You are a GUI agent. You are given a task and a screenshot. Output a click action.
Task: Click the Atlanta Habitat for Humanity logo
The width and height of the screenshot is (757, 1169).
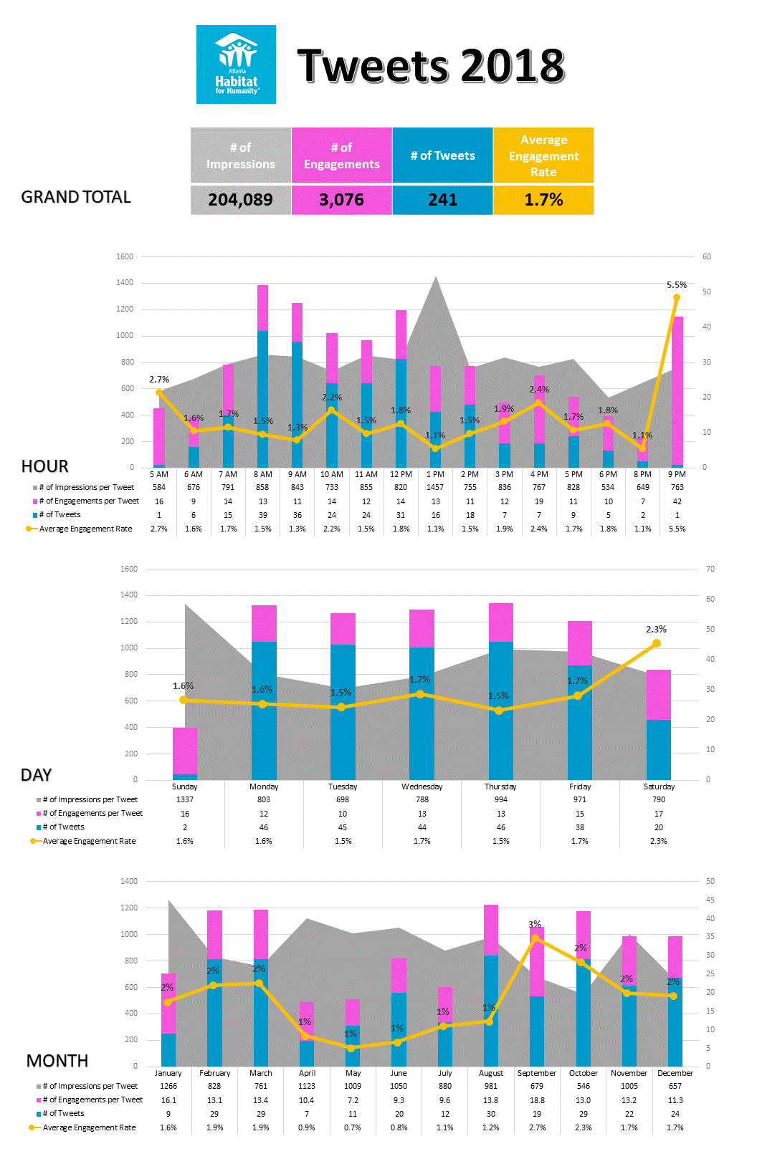(236, 64)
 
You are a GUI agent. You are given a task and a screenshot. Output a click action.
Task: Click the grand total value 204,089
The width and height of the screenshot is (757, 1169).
(241, 200)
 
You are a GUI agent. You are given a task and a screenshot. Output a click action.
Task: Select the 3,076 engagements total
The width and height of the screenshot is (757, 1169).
(341, 200)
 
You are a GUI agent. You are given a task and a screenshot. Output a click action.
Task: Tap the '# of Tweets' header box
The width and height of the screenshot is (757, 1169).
(442, 155)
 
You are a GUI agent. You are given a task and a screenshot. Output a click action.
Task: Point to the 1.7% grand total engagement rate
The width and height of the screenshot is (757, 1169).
(543, 200)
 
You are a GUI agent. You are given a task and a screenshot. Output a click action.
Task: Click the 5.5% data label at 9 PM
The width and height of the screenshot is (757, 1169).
(676, 285)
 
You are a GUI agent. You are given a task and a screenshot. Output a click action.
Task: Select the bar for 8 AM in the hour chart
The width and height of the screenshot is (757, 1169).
(262, 376)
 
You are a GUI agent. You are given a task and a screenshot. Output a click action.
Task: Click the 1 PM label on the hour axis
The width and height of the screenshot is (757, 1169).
(435, 474)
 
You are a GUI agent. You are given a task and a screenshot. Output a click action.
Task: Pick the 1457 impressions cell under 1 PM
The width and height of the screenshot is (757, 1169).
(435, 487)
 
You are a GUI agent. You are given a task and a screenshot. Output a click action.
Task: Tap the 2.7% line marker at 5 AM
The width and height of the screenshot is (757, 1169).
(159, 393)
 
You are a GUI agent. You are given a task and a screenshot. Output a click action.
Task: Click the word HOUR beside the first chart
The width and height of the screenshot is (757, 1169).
(44, 466)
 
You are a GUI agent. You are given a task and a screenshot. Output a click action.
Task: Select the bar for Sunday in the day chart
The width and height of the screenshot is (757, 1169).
(185, 754)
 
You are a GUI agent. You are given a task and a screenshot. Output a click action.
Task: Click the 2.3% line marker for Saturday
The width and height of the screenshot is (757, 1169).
(657, 644)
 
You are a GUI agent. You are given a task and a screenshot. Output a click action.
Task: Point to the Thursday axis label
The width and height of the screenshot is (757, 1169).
(500, 786)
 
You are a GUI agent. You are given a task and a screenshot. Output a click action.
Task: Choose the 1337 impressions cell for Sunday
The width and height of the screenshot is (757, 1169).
(185, 799)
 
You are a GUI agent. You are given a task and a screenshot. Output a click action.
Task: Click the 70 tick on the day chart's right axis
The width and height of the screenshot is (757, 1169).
(710, 569)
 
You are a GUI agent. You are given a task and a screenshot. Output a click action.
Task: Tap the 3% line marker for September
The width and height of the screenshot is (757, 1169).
(535, 938)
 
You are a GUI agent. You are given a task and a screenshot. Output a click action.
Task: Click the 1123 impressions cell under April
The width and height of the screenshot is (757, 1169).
(307, 1086)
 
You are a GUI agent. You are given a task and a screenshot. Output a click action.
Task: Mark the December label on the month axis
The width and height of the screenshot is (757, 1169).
(675, 1073)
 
